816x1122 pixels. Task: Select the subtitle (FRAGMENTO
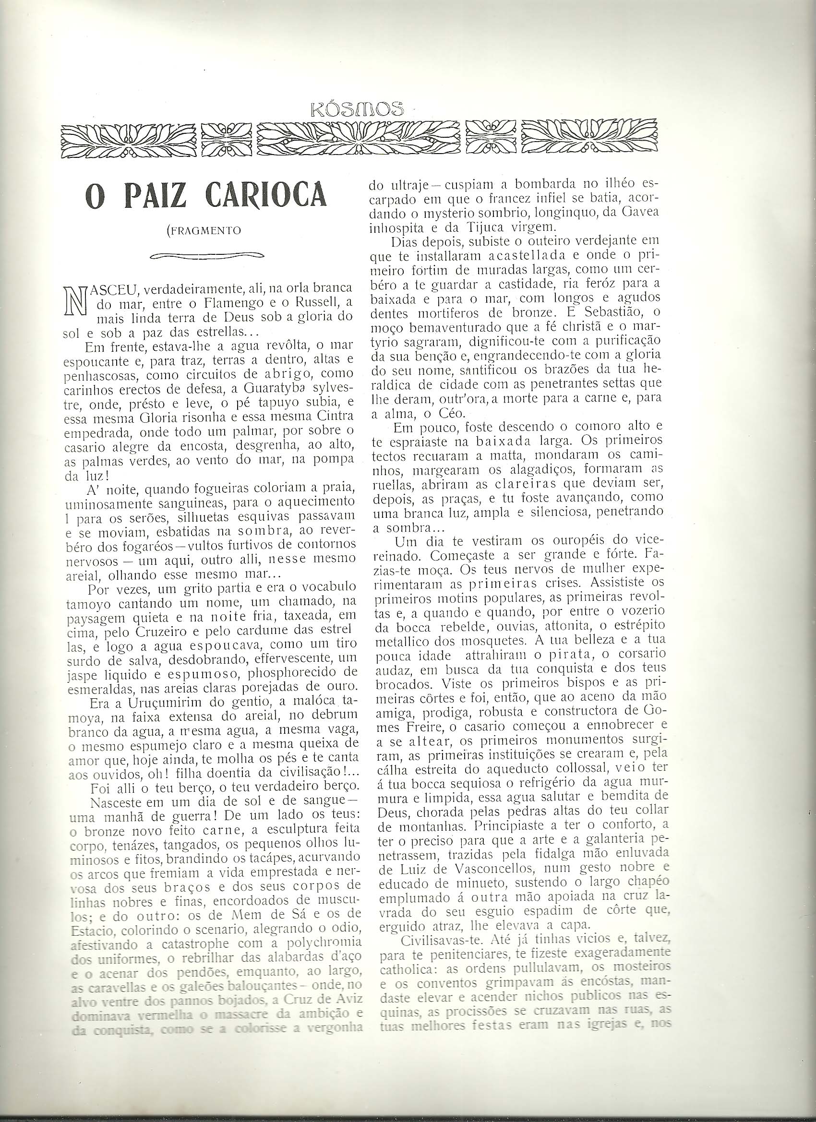(205, 231)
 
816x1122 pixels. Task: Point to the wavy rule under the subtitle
(206, 256)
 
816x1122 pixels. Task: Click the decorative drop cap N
(77, 301)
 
